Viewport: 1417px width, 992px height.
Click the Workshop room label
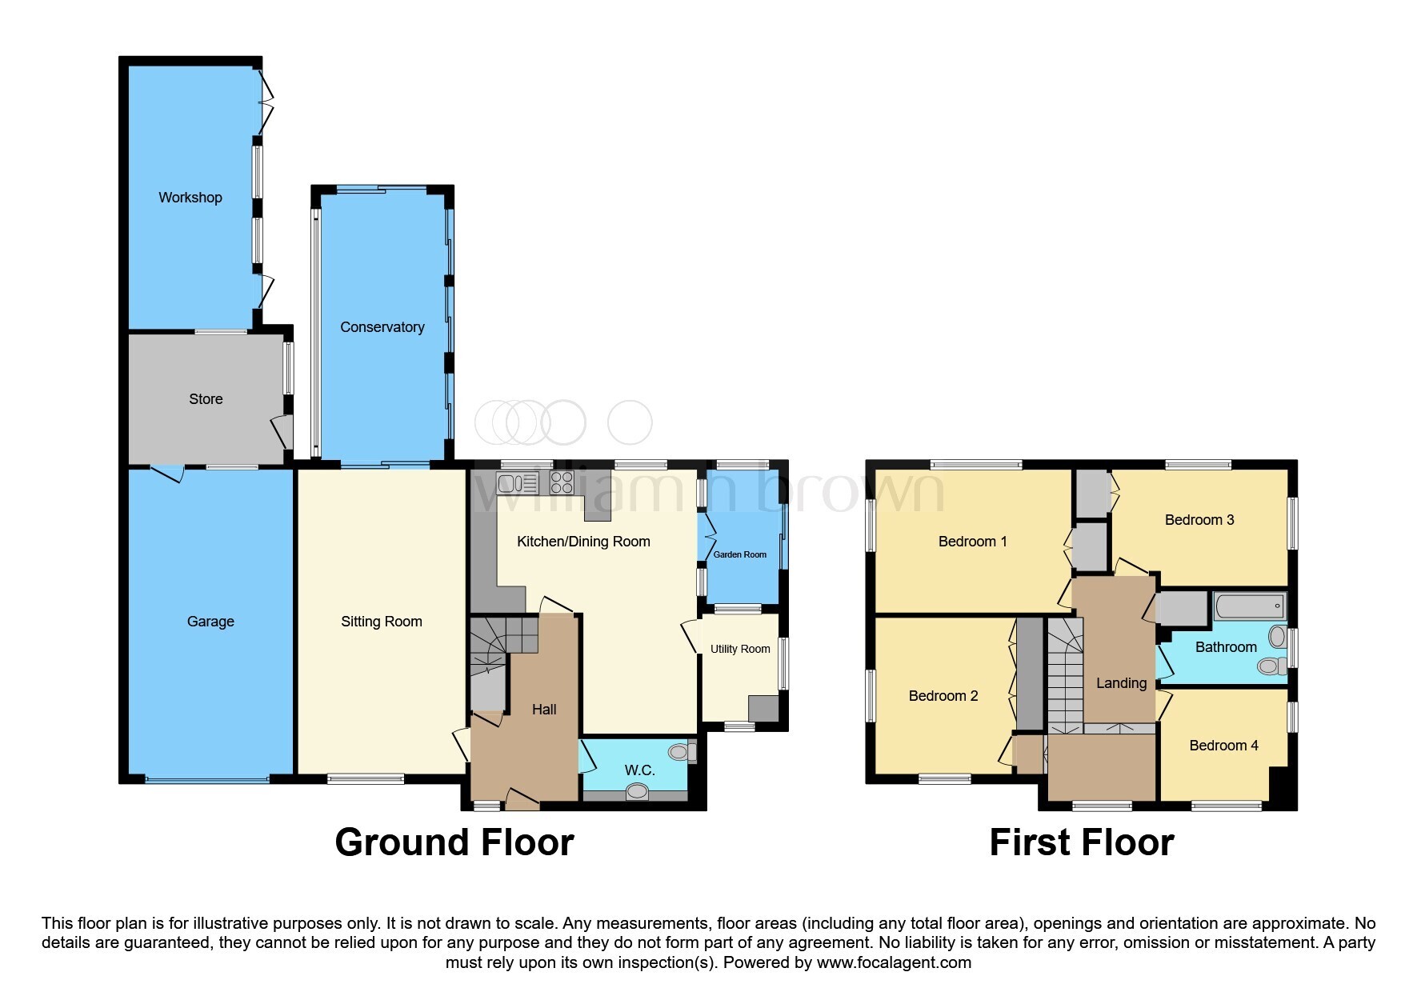point(190,198)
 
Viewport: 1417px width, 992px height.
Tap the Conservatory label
point(382,327)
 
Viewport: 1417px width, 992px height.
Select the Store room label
point(206,399)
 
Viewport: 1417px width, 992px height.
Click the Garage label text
point(210,622)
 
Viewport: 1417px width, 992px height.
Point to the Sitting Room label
point(381,622)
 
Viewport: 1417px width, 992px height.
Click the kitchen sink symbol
point(518,482)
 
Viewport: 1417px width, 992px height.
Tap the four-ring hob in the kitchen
point(562,482)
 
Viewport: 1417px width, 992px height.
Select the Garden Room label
point(739,554)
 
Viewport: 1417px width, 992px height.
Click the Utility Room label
point(740,649)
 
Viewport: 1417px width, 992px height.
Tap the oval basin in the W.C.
point(637,791)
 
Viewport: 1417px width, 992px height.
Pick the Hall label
point(544,710)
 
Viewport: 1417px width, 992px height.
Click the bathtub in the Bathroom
point(1249,606)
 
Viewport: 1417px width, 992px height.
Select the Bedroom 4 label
point(1223,746)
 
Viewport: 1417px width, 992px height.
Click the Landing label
point(1121,683)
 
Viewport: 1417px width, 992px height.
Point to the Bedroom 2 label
point(943,696)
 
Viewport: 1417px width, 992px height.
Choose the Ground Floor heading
point(454,842)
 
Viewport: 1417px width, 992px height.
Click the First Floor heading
point(1081,842)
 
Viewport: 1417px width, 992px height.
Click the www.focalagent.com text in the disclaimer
point(894,962)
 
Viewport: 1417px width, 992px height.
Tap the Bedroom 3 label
point(1199,520)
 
